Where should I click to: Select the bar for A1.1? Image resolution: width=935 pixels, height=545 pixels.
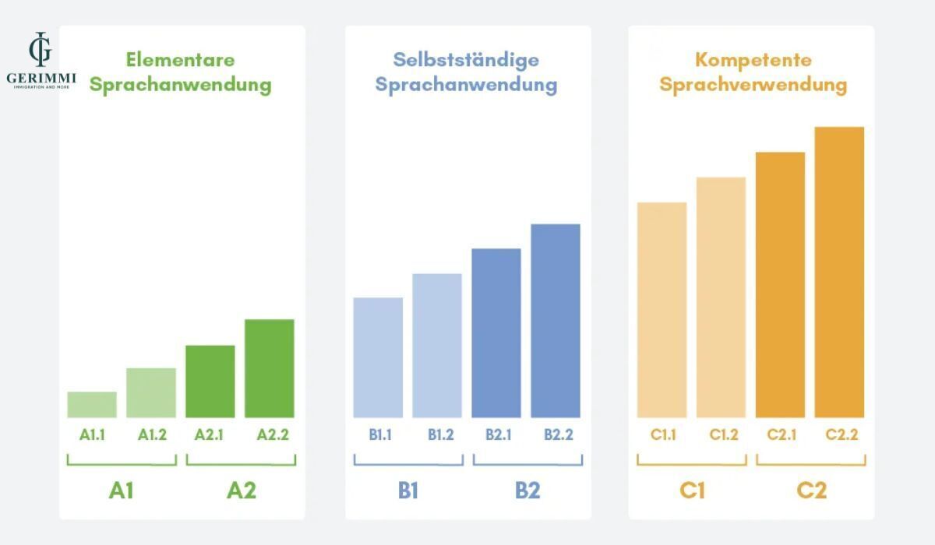(92, 405)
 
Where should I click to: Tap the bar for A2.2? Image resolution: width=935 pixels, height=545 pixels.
(270, 368)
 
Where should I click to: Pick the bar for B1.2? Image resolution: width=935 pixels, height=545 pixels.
(437, 346)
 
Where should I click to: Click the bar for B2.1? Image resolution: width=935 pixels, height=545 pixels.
(496, 333)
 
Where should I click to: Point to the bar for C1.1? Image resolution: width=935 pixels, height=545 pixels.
(662, 310)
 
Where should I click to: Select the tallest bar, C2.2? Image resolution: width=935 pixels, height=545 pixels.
(839, 272)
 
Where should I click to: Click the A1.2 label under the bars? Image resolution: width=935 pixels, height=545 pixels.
(152, 435)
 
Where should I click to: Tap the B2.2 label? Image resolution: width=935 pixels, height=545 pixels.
(558, 435)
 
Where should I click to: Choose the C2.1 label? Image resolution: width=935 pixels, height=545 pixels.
(782, 435)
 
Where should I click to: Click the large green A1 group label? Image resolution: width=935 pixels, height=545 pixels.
(121, 490)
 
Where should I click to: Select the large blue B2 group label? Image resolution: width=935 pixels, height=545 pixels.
(527, 490)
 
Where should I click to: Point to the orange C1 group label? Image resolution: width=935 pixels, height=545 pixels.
(692, 490)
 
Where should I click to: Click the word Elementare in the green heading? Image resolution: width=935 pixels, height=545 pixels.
(180, 60)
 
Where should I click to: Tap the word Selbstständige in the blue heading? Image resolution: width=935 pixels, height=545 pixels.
(466, 60)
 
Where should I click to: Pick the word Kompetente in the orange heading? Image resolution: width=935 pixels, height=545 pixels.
(753, 60)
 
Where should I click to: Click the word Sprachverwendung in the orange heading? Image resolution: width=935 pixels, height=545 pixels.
(753, 84)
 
